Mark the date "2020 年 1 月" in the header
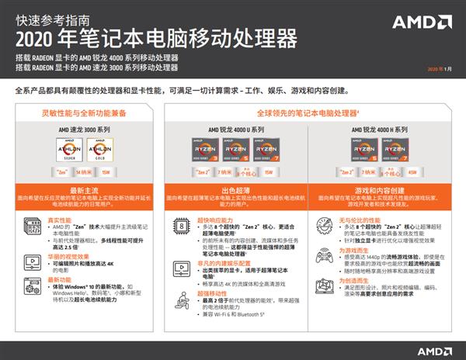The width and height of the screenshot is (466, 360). point(439,70)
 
